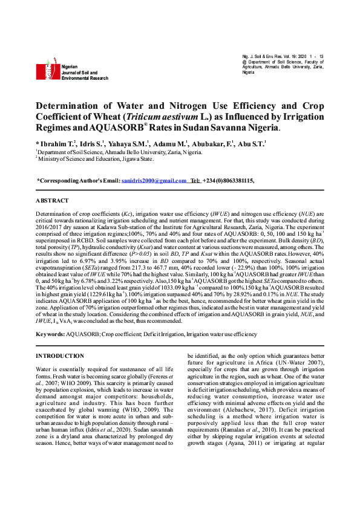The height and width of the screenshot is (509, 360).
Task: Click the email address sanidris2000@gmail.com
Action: point(154,181)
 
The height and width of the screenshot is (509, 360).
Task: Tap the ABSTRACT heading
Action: point(53,200)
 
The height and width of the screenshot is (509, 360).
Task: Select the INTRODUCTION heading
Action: point(60,356)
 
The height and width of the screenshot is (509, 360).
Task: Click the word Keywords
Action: point(50,334)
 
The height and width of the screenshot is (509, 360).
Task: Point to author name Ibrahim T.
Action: point(57,144)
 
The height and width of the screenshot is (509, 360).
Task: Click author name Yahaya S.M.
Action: point(129,144)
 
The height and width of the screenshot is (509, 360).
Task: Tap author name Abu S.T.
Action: point(250,144)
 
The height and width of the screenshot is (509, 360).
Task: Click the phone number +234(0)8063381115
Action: point(228,181)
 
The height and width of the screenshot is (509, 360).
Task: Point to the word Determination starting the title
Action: point(71,105)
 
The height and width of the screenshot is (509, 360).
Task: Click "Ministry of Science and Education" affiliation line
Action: point(97,160)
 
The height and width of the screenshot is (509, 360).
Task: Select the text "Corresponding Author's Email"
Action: point(79,181)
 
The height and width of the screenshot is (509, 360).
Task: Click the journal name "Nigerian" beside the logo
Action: point(70,68)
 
